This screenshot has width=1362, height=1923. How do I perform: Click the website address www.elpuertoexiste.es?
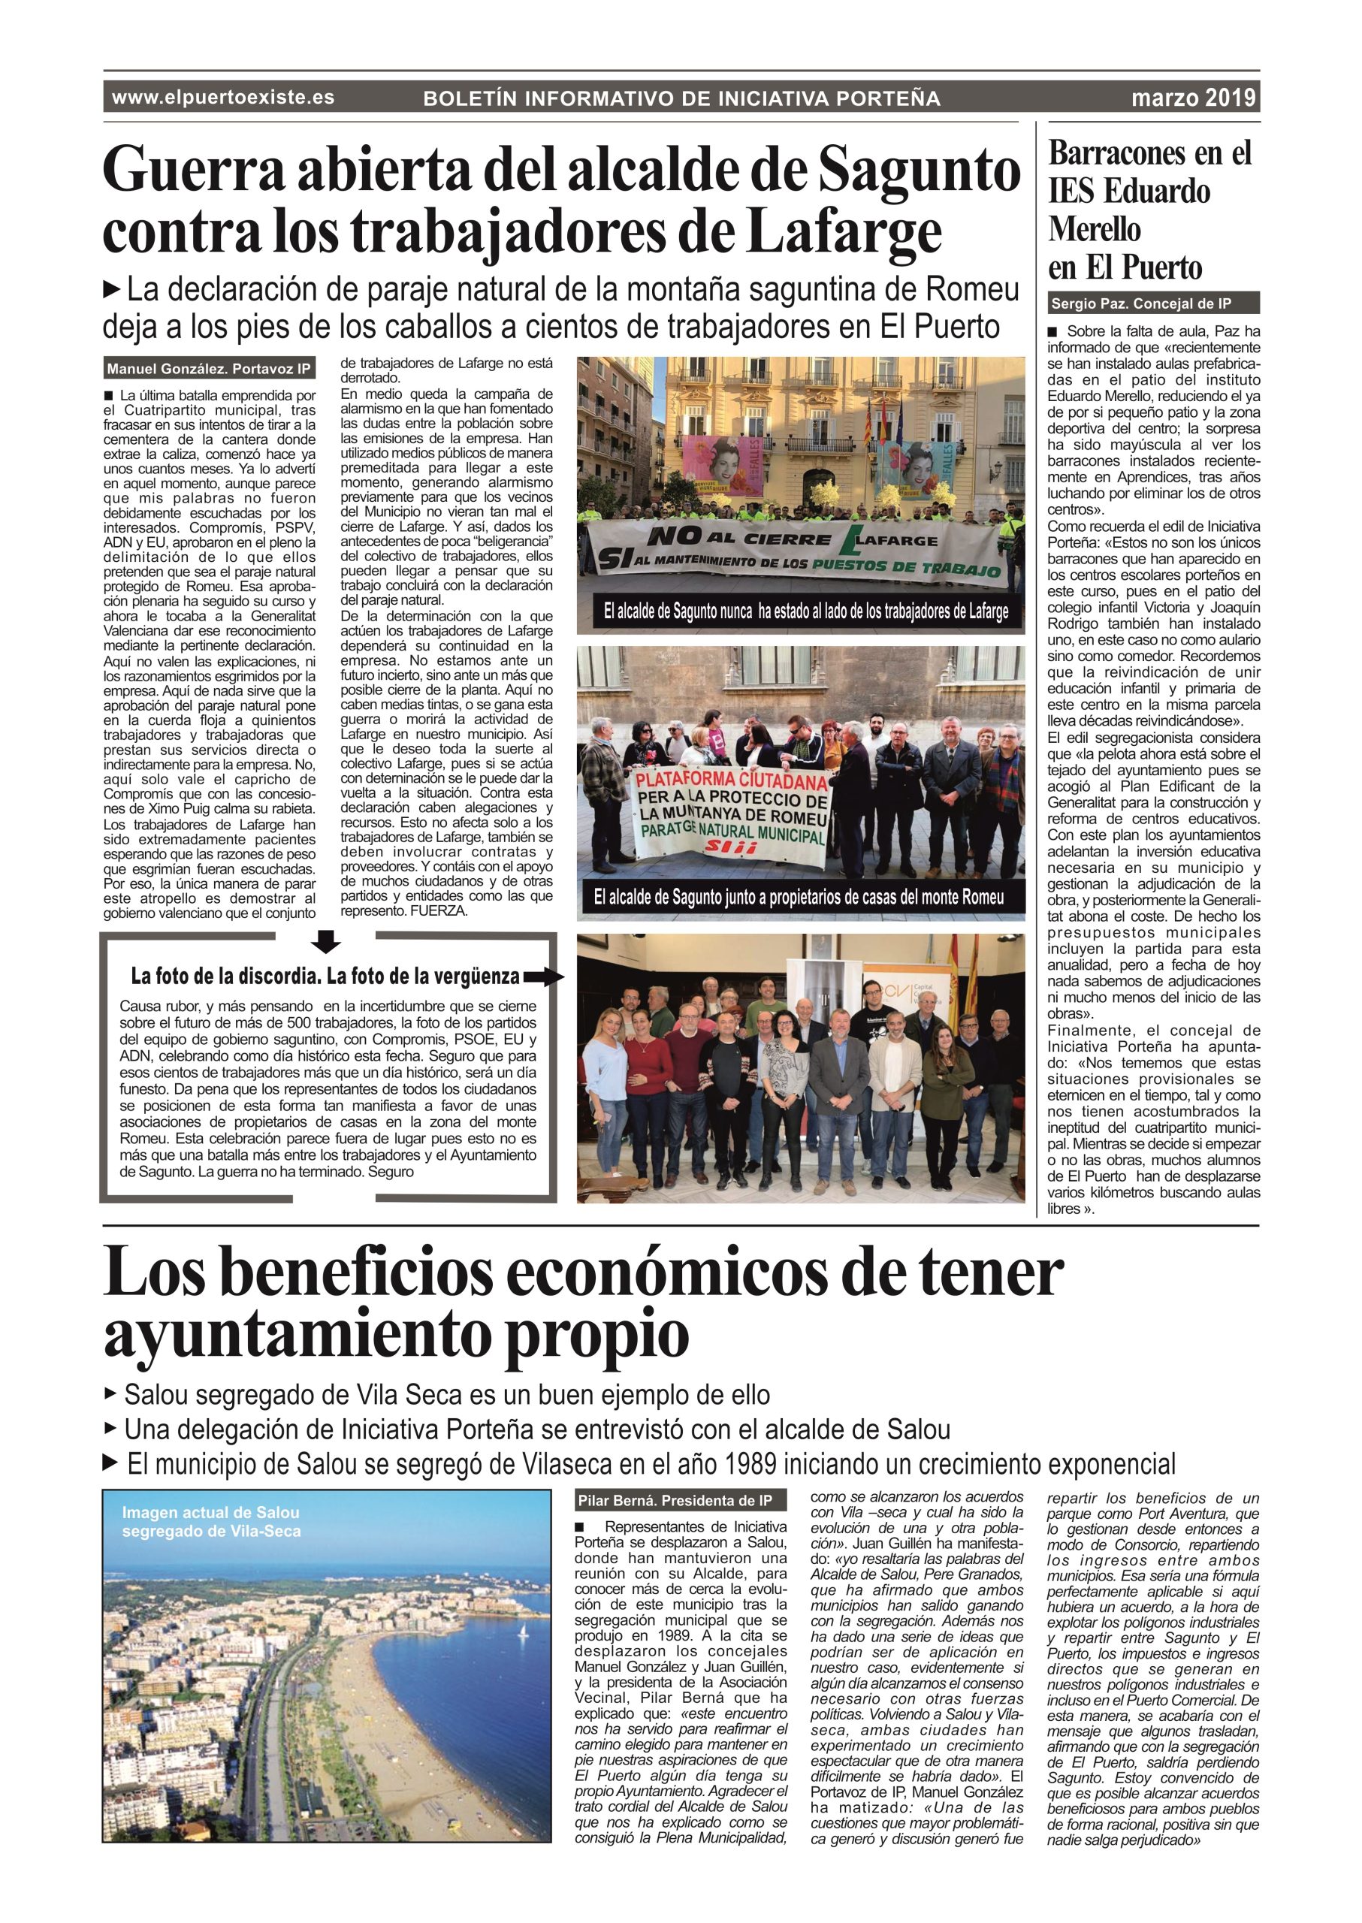point(223,98)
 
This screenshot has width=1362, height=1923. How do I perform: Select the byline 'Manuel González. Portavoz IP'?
point(208,368)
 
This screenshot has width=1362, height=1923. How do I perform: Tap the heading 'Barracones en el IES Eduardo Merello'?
point(1149,210)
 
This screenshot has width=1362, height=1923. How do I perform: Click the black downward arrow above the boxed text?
point(325,942)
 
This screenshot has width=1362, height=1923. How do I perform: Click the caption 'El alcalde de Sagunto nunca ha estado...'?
point(805,611)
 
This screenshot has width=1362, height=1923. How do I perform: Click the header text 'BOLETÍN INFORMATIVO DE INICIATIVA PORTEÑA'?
point(681,99)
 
